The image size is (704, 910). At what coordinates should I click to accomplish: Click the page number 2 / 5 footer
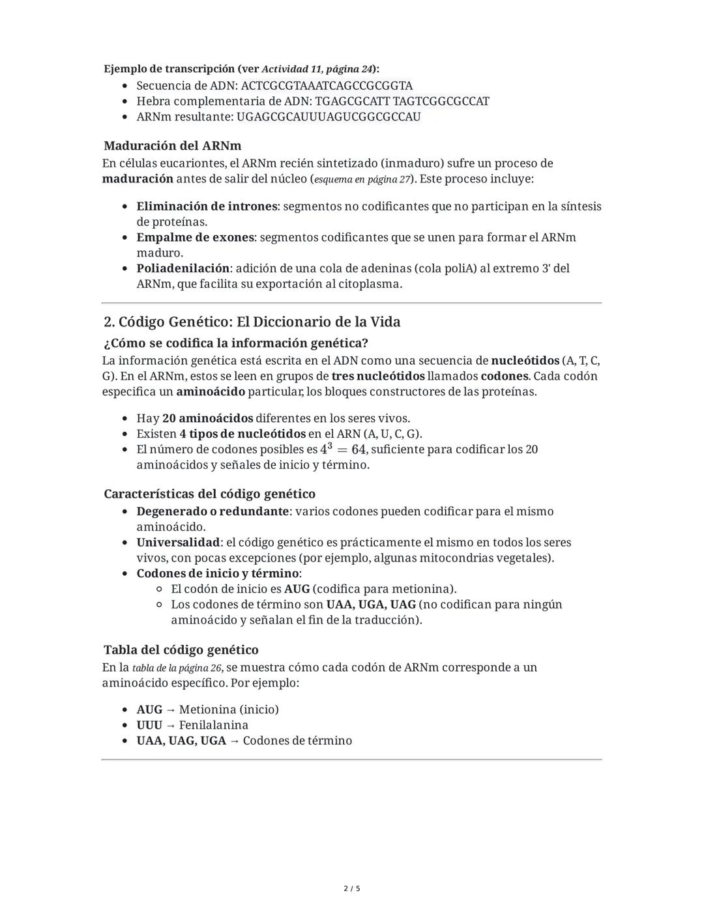[x=352, y=889]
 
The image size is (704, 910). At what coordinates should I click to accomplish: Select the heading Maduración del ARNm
[x=172, y=145]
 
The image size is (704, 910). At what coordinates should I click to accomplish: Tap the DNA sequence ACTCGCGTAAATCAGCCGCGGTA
[x=327, y=85]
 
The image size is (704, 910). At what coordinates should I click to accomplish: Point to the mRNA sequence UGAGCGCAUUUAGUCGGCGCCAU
[x=329, y=117]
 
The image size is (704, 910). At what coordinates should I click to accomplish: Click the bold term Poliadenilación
[x=183, y=268]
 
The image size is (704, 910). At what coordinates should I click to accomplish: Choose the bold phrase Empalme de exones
[x=195, y=237]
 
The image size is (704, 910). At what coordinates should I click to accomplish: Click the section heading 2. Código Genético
[x=252, y=322]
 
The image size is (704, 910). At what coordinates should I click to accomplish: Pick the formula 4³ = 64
[x=344, y=449]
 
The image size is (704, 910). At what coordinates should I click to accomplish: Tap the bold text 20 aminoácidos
[x=207, y=418]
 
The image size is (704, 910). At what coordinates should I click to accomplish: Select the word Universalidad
[x=178, y=542]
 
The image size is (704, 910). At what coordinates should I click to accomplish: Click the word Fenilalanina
[x=214, y=725]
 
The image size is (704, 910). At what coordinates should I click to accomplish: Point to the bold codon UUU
[x=149, y=725]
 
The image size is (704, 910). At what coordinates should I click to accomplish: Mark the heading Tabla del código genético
[x=181, y=649]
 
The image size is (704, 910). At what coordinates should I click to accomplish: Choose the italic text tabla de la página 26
[x=177, y=668]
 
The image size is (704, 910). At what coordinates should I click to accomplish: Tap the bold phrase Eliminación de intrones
[x=207, y=206]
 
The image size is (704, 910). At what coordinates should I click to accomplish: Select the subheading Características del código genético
[x=209, y=494]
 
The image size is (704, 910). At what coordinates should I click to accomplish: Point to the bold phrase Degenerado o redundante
[x=213, y=511]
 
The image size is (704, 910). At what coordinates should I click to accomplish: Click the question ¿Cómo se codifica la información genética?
[x=235, y=343]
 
